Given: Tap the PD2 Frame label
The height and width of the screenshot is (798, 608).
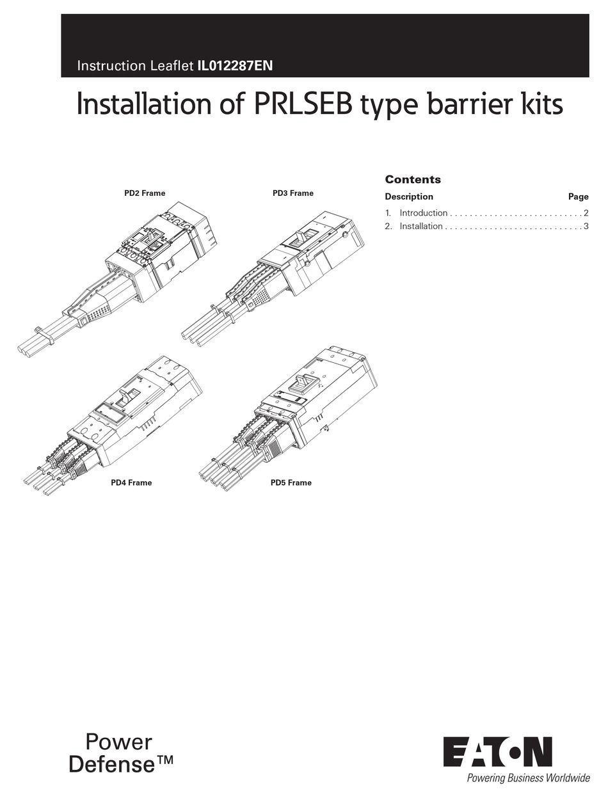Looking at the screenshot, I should pyautogui.click(x=145, y=193).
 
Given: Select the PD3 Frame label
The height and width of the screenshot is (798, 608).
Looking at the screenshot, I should pyautogui.click(x=293, y=193).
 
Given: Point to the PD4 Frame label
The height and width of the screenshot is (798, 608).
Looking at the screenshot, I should pyautogui.click(x=131, y=483).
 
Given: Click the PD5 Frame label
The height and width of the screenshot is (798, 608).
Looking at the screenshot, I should pyautogui.click(x=291, y=483).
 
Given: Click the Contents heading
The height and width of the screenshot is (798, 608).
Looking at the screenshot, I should pyautogui.click(x=413, y=180).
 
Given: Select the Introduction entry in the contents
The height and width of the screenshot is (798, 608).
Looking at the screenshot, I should pyautogui.click(x=423, y=213).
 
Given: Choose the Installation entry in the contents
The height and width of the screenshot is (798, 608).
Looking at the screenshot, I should pyautogui.click(x=420, y=226).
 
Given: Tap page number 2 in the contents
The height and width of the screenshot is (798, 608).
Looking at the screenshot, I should pyautogui.click(x=586, y=213).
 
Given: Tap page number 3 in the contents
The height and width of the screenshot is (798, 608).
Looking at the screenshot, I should pyautogui.click(x=586, y=226).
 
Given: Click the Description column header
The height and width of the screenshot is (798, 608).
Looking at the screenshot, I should pyautogui.click(x=409, y=196).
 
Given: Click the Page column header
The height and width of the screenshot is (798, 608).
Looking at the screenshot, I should pyautogui.click(x=578, y=196).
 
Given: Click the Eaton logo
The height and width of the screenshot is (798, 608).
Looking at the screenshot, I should pyautogui.click(x=497, y=751).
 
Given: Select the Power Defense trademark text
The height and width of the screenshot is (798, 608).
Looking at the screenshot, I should pyautogui.click(x=121, y=753).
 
